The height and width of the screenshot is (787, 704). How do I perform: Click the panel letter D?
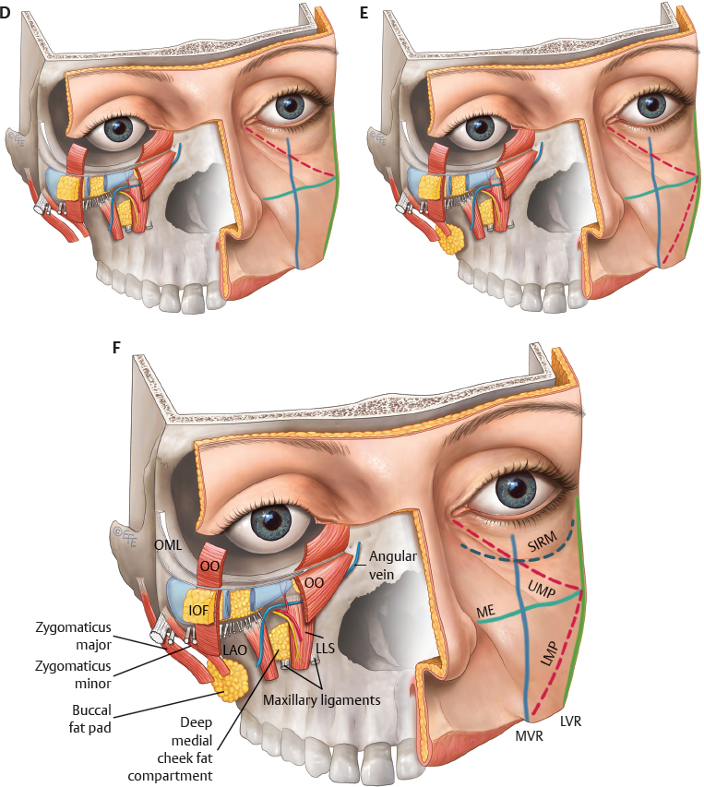point(5,13)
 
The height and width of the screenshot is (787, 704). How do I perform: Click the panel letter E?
point(364,13)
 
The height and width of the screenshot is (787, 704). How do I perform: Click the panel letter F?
point(116,347)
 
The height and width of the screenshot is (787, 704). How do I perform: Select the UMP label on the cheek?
point(541,589)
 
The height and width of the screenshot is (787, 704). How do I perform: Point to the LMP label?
point(549,653)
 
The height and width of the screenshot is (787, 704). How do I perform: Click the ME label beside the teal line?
point(485,612)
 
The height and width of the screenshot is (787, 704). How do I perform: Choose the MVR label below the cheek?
point(529,736)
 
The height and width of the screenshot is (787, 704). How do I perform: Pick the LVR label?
point(570,721)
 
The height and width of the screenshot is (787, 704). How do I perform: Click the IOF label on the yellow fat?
point(197,611)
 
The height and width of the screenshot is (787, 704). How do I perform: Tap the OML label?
point(168,544)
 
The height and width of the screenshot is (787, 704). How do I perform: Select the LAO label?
point(235,650)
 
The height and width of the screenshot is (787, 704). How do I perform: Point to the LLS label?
point(325,648)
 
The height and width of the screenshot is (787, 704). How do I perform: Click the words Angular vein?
point(392,566)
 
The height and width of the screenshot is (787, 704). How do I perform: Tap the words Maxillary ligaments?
point(322,699)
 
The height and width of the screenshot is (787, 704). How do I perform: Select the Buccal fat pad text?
point(90,719)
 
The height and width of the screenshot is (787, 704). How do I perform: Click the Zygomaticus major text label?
point(73,636)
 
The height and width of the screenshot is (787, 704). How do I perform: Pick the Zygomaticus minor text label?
point(73,674)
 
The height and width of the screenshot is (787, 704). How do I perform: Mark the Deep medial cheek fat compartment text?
point(171,749)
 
